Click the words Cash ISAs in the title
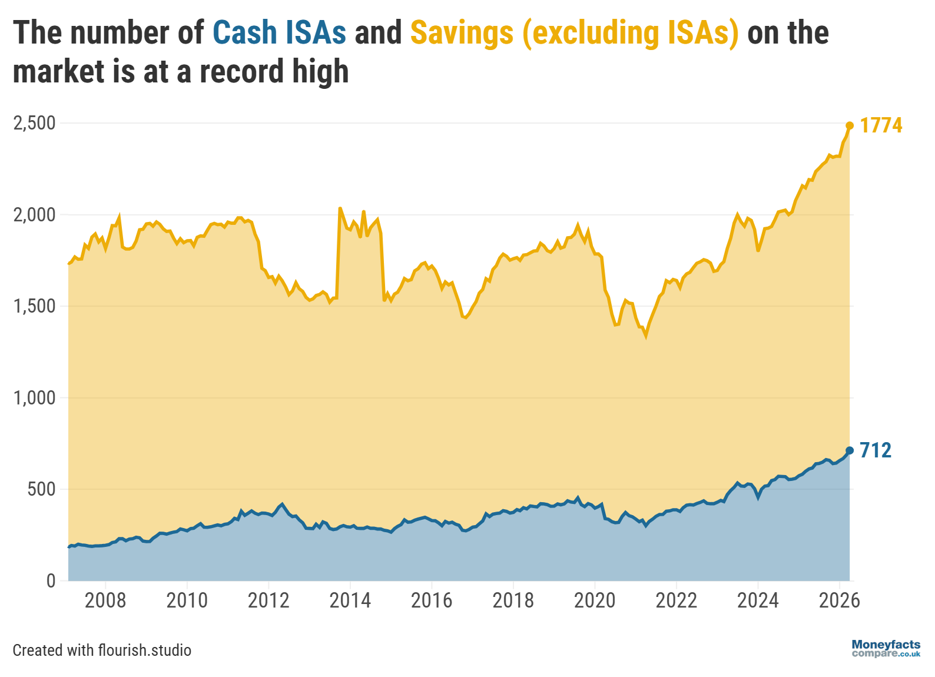[279, 33]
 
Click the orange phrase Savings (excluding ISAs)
[574, 33]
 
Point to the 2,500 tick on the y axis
[34, 123]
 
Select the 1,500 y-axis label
[34, 306]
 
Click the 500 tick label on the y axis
[41, 489]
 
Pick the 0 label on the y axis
[51, 580]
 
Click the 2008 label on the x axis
[105, 600]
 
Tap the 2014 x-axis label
[350, 600]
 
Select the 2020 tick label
[595, 600]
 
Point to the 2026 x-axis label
[839, 600]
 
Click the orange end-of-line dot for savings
[850, 125]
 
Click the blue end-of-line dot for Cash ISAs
[850, 450]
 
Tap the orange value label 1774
[881, 125]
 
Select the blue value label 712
[876, 450]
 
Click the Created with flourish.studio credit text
[102, 650]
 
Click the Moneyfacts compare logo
[886, 649]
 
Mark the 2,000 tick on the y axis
[34, 215]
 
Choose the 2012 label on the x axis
[268, 600]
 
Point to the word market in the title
[51, 71]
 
